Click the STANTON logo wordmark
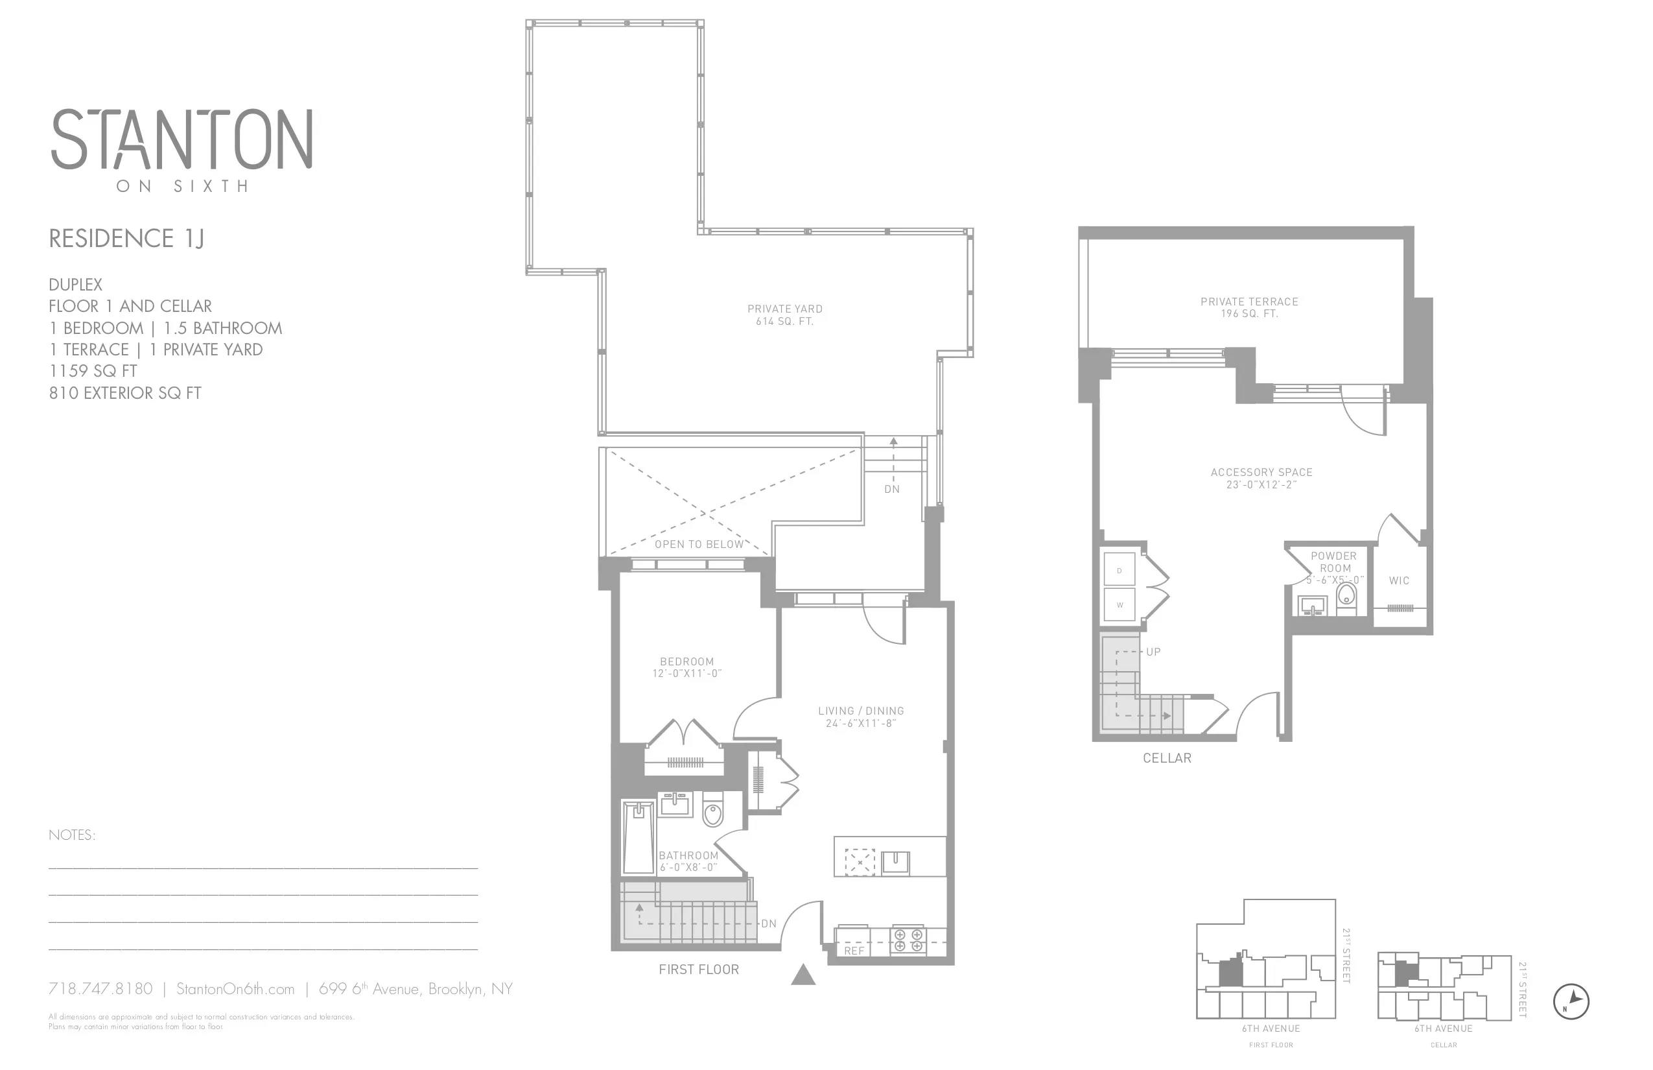point(182,139)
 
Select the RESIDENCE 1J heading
point(126,239)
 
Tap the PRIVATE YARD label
point(785,309)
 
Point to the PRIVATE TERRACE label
point(1249,302)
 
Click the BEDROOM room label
point(687,661)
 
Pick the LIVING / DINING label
point(861,711)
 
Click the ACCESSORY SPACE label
point(1261,473)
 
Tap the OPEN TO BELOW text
point(699,544)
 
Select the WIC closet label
point(1399,580)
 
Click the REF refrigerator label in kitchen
point(854,951)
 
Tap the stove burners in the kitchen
point(908,940)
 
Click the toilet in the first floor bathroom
point(712,811)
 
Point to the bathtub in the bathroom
point(639,837)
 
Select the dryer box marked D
point(1119,571)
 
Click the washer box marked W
point(1119,604)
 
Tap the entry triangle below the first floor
point(803,975)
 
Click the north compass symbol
point(1571,1002)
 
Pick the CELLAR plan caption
point(1167,758)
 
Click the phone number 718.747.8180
point(100,989)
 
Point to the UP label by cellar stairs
point(1153,652)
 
